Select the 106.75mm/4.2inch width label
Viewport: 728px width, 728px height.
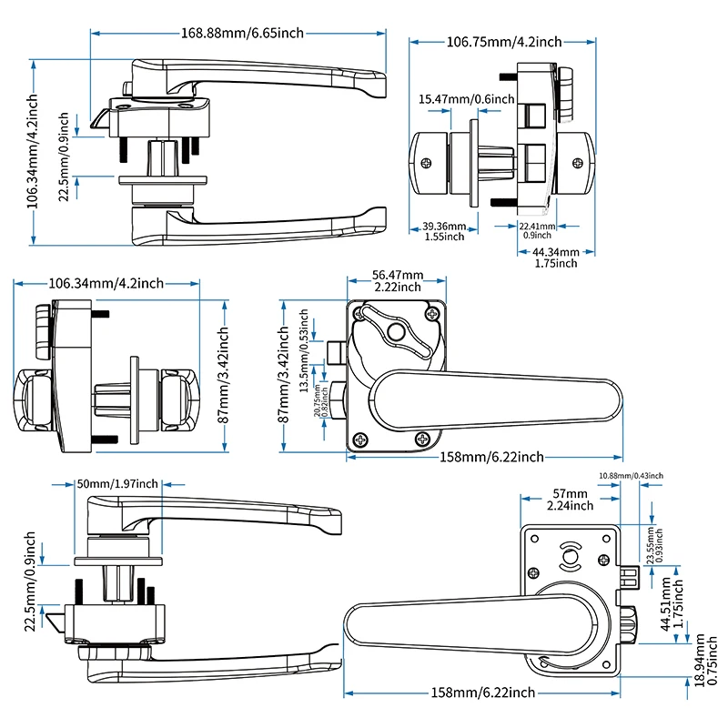pyautogui.click(x=503, y=42)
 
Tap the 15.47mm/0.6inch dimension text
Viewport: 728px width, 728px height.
pyautogui.click(x=466, y=98)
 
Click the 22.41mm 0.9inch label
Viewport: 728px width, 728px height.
pyautogui.click(x=535, y=231)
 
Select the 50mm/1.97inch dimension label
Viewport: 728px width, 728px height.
pyautogui.click(x=117, y=483)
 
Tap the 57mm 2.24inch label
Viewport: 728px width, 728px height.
pyautogui.click(x=571, y=500)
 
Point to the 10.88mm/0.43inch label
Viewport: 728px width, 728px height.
pyautogui.click(x=631, y=476)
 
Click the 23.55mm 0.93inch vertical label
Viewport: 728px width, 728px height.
pyautogui.click(x=654, y=545)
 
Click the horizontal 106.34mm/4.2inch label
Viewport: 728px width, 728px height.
pyautogui.click(x=106, y=283)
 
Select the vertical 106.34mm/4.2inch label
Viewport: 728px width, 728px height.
pyautogui.click(x=34, y=152)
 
